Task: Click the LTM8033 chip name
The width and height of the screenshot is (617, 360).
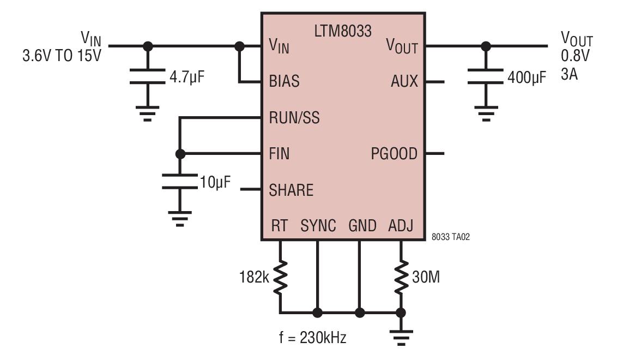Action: click(343, 31)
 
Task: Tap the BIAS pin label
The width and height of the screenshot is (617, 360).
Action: click(284, 81)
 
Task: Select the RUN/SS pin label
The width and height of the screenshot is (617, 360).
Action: click(294, 117)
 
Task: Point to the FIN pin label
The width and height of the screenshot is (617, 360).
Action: click(279, 154)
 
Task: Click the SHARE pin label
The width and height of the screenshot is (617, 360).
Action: click(291, 190)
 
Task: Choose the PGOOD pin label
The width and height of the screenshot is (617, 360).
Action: click(394, 154)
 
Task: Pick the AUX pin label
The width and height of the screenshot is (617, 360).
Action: click(404, 81)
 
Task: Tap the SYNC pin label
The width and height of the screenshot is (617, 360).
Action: click(318, 226)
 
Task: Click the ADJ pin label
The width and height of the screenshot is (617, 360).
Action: click(401, 226)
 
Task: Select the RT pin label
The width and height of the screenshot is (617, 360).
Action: click(280, 226)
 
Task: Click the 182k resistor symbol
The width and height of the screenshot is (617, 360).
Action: click(280, 277)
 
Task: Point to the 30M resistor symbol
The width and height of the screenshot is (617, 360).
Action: click(401, 277)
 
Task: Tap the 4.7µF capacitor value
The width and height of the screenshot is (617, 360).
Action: click(187, 77)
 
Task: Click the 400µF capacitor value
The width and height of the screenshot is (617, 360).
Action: click(527, 77)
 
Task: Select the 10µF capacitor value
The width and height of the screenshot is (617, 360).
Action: click(215, 182)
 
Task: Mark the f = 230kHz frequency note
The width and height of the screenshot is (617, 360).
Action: click(313, 338)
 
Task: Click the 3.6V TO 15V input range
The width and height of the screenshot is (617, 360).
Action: click(62, 56)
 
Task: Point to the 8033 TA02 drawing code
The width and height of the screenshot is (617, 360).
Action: click(451, 237)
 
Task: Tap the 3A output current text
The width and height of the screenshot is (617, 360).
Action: click(569, 74)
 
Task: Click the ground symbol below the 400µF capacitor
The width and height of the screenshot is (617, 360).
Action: click(486, 113)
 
